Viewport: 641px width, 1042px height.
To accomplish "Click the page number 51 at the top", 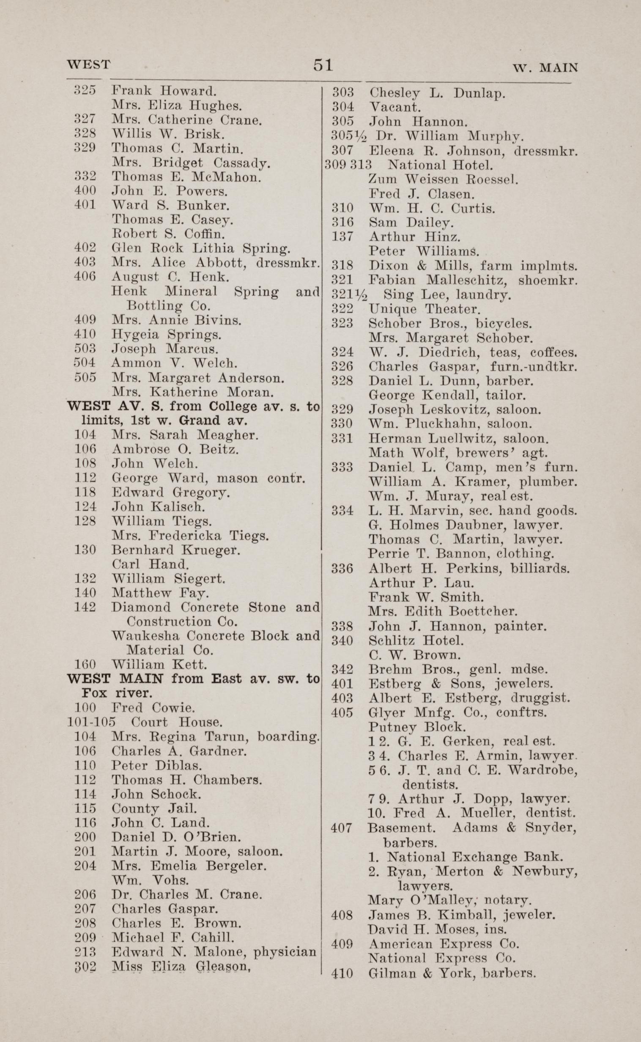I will pyautogui.click(x=323, y=65).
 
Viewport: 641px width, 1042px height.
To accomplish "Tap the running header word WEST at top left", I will pyautogui.click(x=89, y=64).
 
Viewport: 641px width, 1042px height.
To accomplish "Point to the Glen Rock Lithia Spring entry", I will pyautogui.click(x=200, y=248).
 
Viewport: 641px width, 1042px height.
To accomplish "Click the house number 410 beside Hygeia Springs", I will pyautogui.click(x=85, y=335).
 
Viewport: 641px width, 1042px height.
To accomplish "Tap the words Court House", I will pyautogui.click(x=176, y=722).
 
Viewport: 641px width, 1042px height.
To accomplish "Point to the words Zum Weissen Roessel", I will pyautogui.click(x=444, y=179).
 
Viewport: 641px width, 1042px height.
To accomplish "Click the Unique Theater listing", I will pyautogui.click(x=425, y=309).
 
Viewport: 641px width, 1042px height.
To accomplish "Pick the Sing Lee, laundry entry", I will pyautogui.click(x=447, y=294).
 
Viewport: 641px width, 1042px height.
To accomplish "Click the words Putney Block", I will pyautogui.click(x=417, y=727).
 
